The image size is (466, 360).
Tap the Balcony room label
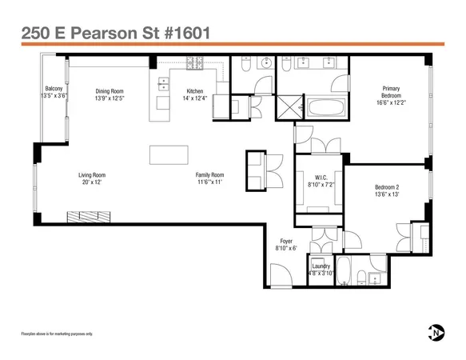(54, 88)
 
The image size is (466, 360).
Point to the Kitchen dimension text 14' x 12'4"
(196, 98)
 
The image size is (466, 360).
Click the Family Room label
(210, 174)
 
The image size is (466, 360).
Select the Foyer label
(285, 241)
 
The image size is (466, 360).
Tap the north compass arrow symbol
(436, 332)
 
